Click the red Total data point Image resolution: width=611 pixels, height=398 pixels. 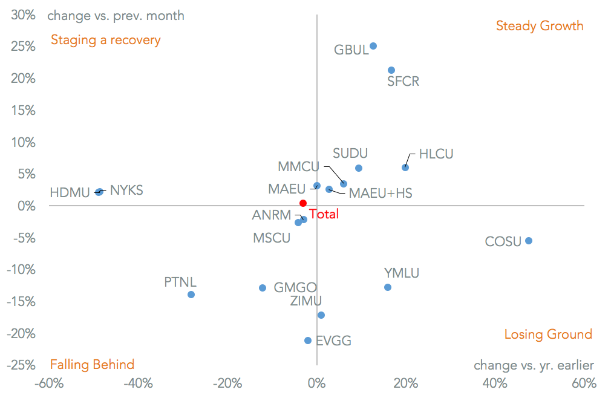click(303, 203)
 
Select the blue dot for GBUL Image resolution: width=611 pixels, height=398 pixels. click(373, 46)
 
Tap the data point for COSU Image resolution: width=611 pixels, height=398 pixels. click(529, 241)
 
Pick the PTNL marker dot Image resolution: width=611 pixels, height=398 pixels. click(191, 295)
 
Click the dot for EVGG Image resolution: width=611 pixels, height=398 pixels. click(308, 341)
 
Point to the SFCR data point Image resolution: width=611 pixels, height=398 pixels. click(391, 70)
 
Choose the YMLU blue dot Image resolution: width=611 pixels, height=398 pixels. click(388, 287)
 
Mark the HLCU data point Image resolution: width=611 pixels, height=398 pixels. click(405, 168)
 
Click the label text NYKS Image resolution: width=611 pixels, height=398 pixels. click(126, 191)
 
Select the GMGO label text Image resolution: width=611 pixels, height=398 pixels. click(295, 288)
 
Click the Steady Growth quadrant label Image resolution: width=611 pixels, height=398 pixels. click(540, 25)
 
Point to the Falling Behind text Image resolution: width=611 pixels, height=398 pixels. click(92, 364)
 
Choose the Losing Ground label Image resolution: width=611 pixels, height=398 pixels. click(548, 334)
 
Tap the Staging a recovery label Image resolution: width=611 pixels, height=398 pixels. click(106, 40)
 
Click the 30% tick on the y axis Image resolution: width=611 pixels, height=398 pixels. click(23, 15)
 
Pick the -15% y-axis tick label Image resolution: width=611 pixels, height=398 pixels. click(21, 301)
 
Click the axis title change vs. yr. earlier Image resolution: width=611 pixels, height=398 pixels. click(534, 365)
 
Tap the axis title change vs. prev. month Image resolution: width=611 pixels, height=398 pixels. click(116, 16)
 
